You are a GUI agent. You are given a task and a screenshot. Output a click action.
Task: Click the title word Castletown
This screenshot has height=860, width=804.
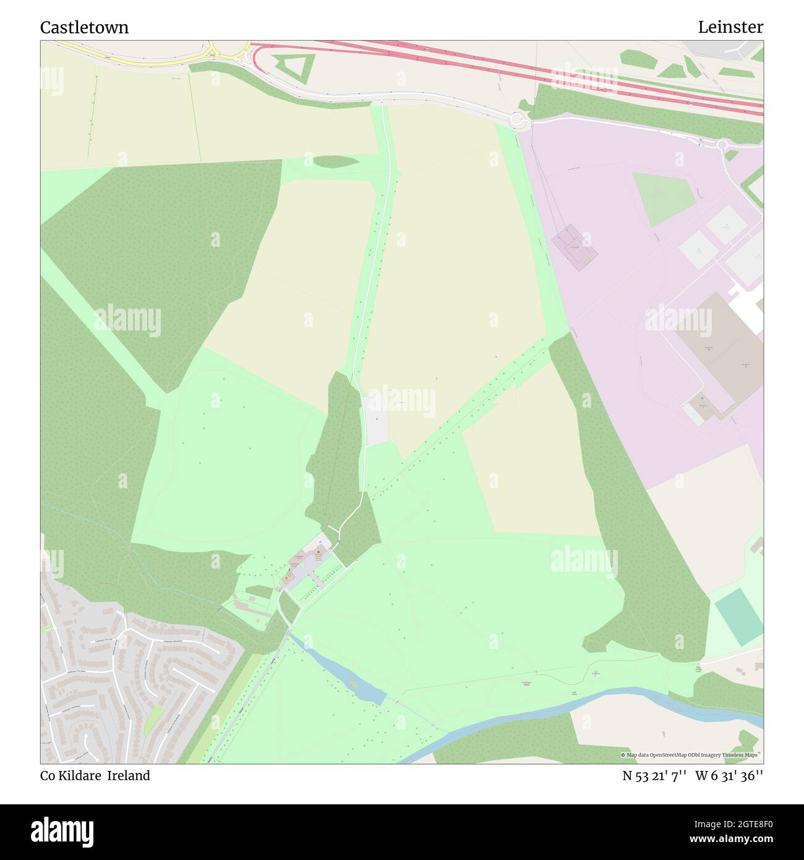click(84, 27)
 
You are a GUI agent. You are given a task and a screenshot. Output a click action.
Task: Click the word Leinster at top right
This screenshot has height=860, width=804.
click(730, 27)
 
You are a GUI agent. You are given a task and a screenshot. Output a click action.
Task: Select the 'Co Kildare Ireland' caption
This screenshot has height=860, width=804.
click(95, 776)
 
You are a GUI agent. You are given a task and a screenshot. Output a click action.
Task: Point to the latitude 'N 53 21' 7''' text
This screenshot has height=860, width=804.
click(654, 776)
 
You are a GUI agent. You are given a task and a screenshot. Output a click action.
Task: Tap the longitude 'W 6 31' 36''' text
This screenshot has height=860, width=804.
click(729, 776)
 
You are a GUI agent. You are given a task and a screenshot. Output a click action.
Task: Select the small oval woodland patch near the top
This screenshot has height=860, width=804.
click(336, 161)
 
